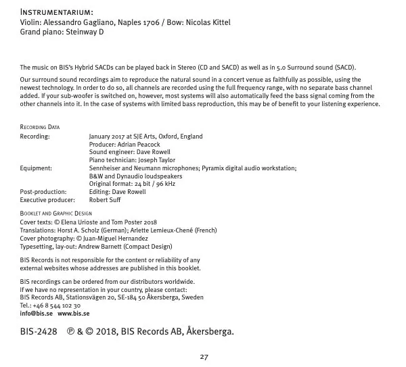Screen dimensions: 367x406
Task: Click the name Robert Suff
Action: click(x=106, y=200)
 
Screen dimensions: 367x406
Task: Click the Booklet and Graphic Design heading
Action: click(x=55, y=214)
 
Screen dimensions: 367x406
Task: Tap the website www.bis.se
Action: click(x=73, y=314)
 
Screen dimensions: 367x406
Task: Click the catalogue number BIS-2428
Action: click(x=39, y=332)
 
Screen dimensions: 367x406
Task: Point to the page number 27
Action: click(x=203, y=356)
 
